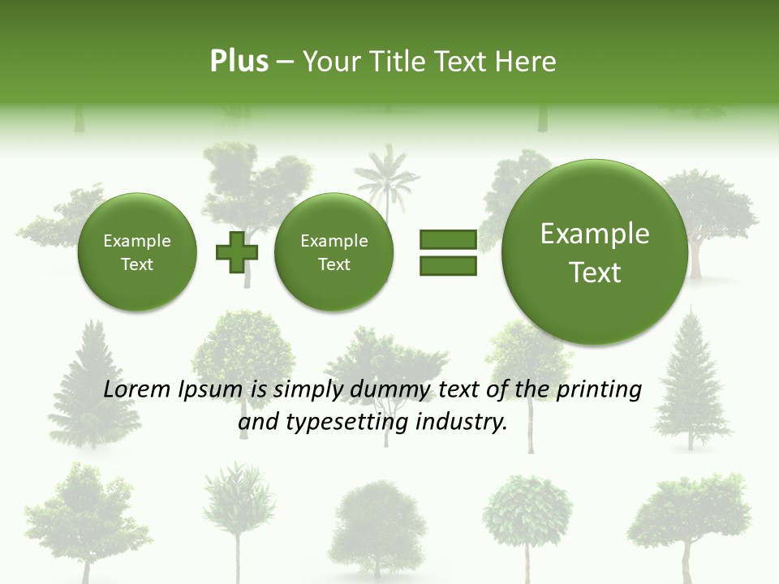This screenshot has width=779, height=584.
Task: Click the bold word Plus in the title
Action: pos(239,62)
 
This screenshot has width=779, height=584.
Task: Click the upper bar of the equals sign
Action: pos(448,239)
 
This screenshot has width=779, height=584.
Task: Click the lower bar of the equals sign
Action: pos(448,265)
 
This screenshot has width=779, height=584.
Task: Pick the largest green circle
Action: pos(595,252)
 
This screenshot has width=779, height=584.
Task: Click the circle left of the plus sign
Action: pos(136,252)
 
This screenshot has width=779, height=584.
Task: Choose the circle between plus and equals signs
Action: pos(334,252)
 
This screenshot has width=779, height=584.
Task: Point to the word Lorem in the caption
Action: pos(137,389)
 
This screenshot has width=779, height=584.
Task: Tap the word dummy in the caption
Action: pos(391,389)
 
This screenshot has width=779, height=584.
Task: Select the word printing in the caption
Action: pos(598,390)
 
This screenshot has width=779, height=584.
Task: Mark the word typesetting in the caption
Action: pos(346,423)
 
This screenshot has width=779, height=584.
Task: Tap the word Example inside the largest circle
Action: pos(595,234)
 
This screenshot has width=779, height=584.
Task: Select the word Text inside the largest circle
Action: pos(595,273)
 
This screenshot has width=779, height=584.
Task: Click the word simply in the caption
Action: pos(309,390)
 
